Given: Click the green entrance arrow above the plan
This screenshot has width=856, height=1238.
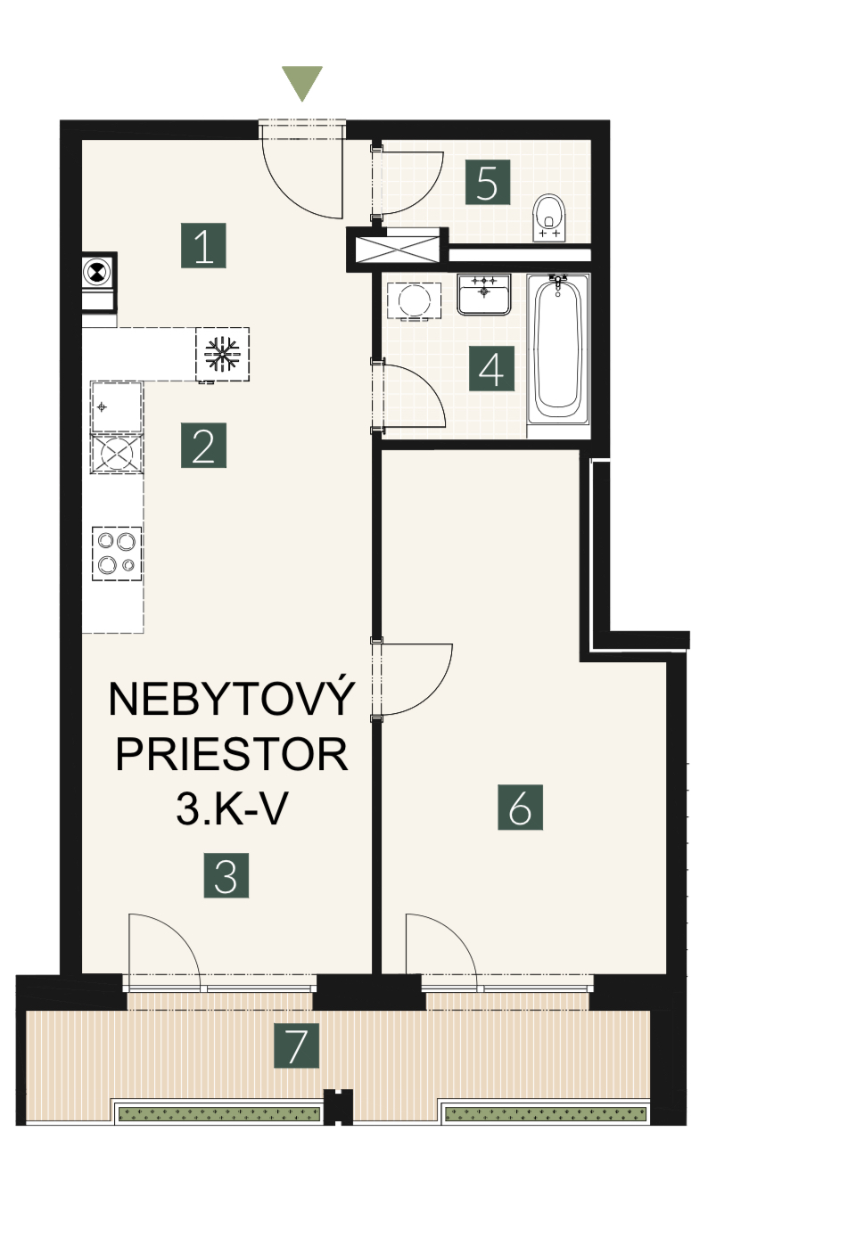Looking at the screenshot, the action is (302, 83).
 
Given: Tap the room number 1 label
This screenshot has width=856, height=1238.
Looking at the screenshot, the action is (203, 245).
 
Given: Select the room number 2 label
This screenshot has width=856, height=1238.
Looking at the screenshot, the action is (203, 445).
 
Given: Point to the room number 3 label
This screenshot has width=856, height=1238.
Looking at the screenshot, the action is (226, 875).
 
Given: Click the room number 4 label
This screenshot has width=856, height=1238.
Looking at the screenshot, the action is (491, 369).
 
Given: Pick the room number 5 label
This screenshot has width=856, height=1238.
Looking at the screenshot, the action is (487, 182).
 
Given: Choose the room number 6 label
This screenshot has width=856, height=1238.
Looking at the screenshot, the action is (521, 807).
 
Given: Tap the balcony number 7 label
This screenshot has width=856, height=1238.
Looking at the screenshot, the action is (297, 1045).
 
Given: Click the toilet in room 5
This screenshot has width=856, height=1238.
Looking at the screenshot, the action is (549, 217).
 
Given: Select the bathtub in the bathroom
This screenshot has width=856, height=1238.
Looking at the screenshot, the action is (558, 348).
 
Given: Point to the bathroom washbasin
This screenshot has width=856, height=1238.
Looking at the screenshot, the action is (484, 295).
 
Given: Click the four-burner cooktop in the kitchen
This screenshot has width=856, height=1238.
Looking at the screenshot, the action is (117, 553).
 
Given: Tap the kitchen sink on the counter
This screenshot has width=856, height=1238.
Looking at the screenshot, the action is (117, 406).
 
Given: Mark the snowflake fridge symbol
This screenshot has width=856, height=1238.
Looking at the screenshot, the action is (222, 354).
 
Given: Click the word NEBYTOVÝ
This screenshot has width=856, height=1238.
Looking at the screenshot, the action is (231, 699).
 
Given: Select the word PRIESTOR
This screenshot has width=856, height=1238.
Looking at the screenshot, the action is (232, 755).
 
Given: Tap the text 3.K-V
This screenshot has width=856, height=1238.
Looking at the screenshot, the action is (232, 810).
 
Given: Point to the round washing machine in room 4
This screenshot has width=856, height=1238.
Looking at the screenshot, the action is (414, 301).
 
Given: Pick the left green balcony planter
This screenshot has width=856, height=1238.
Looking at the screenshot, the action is (219, 1113).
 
